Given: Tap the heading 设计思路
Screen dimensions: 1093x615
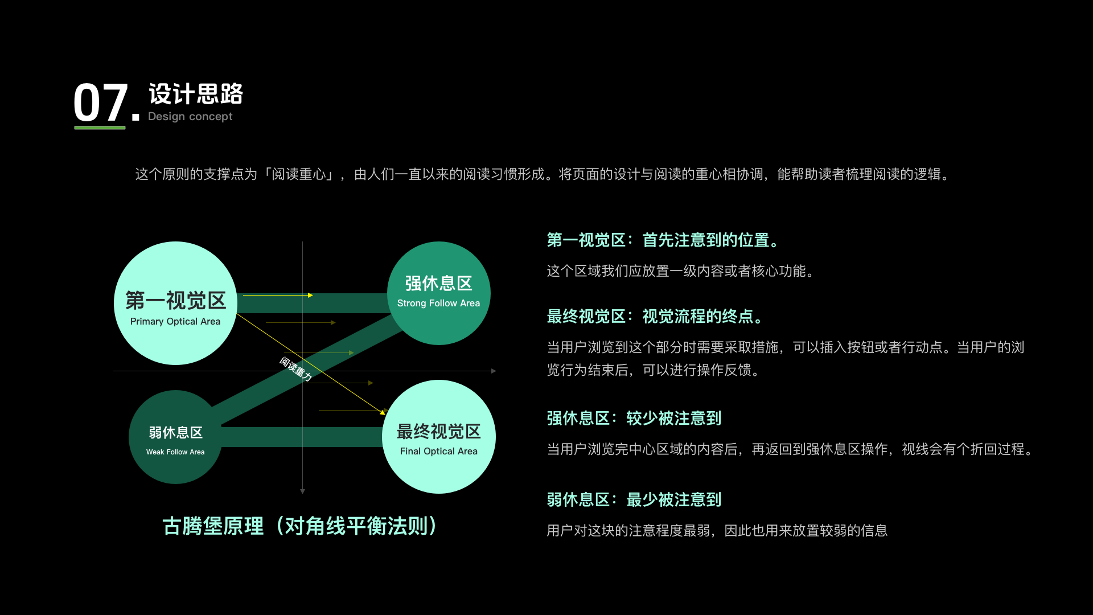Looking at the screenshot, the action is coord(196,94).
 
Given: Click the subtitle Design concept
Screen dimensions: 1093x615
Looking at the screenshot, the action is coord(190,116).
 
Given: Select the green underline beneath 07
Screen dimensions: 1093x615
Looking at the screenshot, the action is coord(100,128).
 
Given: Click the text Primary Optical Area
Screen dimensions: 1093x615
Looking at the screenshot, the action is coord(175,321).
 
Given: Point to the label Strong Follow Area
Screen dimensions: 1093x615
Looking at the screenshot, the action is coord(438,303).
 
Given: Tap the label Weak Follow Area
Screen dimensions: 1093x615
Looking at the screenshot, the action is coord(175,452).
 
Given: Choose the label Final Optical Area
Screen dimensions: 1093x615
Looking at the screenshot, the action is coord(438,451).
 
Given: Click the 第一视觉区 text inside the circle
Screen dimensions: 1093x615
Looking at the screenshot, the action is coord(175,300).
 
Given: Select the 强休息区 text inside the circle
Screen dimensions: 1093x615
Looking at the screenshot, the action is coord(438,283).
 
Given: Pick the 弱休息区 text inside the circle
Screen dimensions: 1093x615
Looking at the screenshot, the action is coord(175,432).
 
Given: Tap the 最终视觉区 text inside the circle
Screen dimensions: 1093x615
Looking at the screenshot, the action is coord(438,431).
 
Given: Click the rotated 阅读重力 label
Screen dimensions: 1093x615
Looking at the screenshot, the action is coord(295,368).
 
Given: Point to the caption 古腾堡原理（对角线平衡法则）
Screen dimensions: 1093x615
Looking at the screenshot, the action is coord(300,526).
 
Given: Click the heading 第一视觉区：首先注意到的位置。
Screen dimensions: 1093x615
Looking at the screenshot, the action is coord(663,240).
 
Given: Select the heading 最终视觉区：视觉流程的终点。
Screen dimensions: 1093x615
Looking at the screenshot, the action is coord(655,316).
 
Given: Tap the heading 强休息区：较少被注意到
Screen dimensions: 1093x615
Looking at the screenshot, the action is coord(634,418).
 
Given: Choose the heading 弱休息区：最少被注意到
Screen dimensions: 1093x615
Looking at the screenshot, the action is coord(634,499).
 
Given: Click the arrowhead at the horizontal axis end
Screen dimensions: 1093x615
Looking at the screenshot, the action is coord(494,371).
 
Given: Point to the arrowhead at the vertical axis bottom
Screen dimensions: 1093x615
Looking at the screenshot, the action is coord(302,491).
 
